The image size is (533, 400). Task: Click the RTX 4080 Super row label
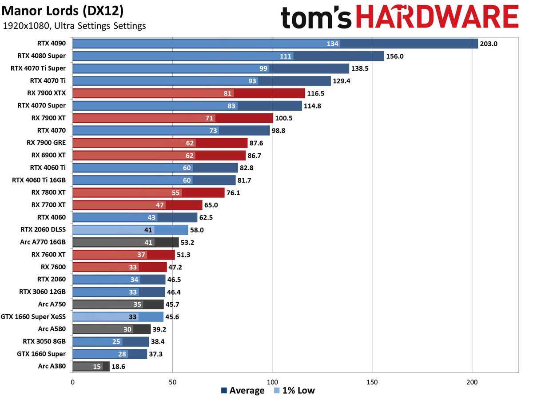(42, 56)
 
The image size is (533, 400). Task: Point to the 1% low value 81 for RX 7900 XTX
(228, 93)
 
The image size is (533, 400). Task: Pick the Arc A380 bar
(91, 366)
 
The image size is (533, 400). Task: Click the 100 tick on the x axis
(272, 382)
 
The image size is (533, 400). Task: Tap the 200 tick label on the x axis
(472, 382)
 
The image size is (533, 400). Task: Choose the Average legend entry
(243, 391)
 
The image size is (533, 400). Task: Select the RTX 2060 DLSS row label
(43, 230)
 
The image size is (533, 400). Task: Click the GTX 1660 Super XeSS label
(34, 317)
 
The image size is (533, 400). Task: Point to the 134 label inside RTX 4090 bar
(333, 44)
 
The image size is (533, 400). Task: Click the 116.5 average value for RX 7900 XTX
(316, 93)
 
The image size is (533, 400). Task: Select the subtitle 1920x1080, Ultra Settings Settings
(74, 26)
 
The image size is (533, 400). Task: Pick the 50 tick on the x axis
(172, 382)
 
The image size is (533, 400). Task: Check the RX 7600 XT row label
(48, 255)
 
